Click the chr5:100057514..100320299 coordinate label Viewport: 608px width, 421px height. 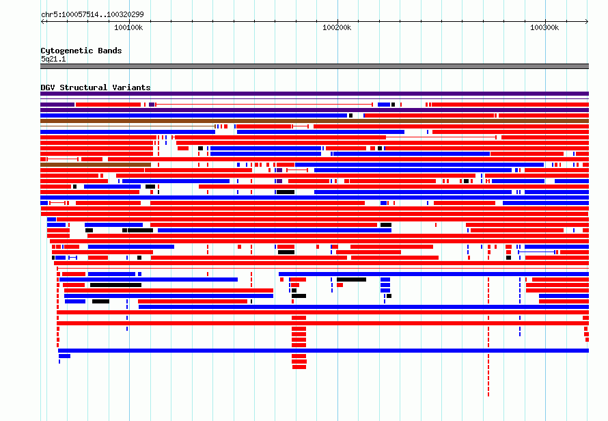[x=92, y=14]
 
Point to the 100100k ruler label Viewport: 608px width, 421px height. [x=128, y=27]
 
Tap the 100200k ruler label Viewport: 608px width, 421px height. [x=337, y=27]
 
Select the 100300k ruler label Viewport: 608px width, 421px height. [x=544, y=27]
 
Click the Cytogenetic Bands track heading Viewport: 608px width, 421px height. [x=81, y=51]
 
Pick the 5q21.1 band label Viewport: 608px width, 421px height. [x=53, y=59]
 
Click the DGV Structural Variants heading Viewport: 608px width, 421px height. [x=96, y=87]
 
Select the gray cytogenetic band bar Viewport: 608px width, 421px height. [x=314, y=66]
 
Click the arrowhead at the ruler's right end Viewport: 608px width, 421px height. [x=587, y=22]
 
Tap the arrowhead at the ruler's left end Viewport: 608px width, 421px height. [x=42, y=22]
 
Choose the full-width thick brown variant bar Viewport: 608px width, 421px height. [x=314, y=121]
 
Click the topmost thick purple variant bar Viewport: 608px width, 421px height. [x=314, y=94]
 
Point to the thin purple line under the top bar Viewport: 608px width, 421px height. [x=314, y=99]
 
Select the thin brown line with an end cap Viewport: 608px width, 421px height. [x=128, y=126]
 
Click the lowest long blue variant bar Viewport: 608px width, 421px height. [x=323, y=351]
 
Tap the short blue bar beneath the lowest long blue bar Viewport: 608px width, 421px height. [x=64, y=356]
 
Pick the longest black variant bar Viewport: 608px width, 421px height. [x=115, y=285]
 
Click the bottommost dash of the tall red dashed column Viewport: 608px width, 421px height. [x=488, y=394]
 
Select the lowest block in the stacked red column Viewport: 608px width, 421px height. [x=299, y=367]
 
